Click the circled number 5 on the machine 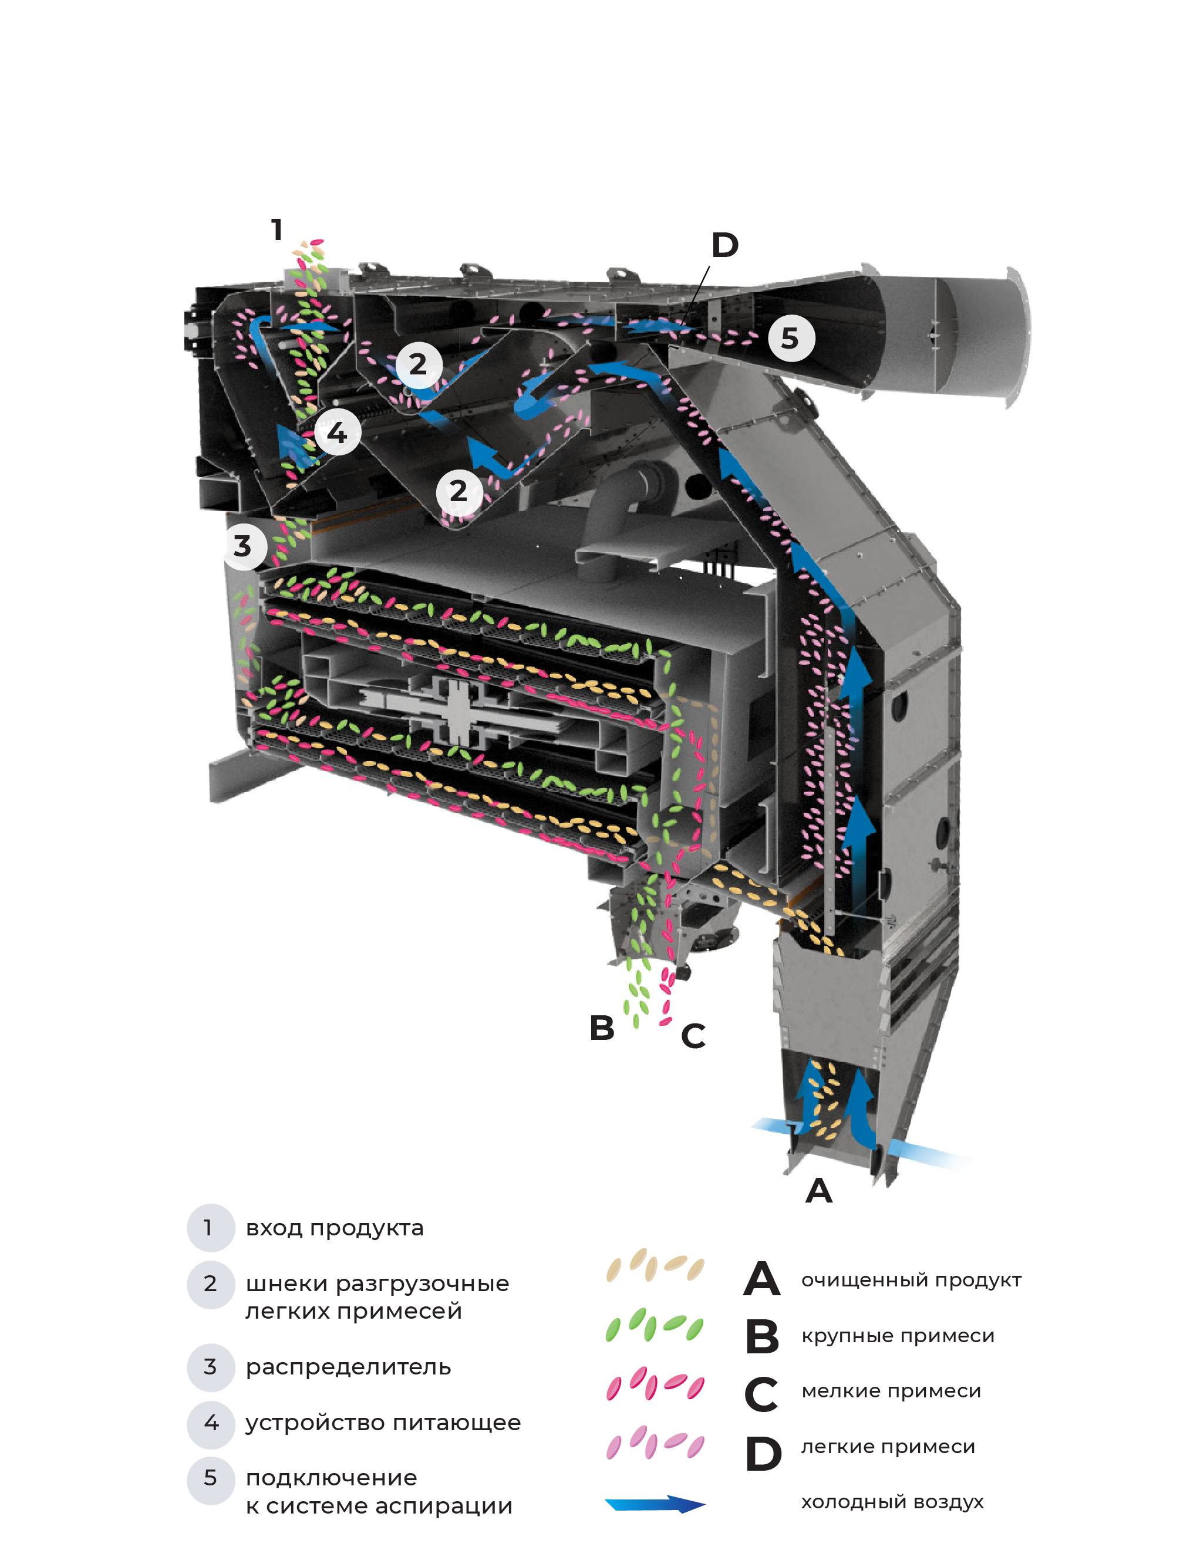pos(791,339)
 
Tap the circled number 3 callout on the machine pos(243,546)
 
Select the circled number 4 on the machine pos(337,432)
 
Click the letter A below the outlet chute pos(819,1191)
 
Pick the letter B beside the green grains pos(602,1028)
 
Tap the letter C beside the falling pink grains pos(693,1036)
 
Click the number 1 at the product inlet pos(277,229)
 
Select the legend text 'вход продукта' pos(335,1228)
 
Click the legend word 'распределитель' pos(348,1367)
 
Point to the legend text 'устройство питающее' pos(383,1423)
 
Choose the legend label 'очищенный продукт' pos(911,1280)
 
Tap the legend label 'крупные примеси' pos(898,1336)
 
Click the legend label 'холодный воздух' pos(892,1502)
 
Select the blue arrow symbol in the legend pos(655,1504)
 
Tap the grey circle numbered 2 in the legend pos(210,1284)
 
